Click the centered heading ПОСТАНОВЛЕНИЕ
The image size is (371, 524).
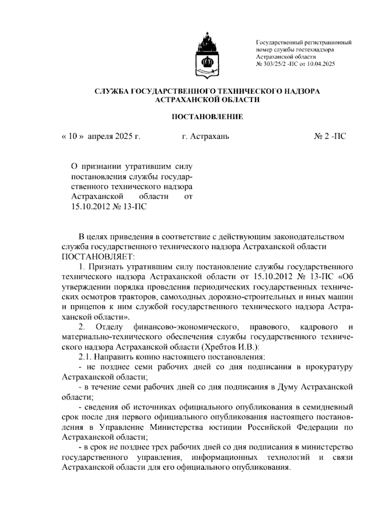pos(207,117)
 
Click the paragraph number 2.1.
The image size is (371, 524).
pos(85,357)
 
